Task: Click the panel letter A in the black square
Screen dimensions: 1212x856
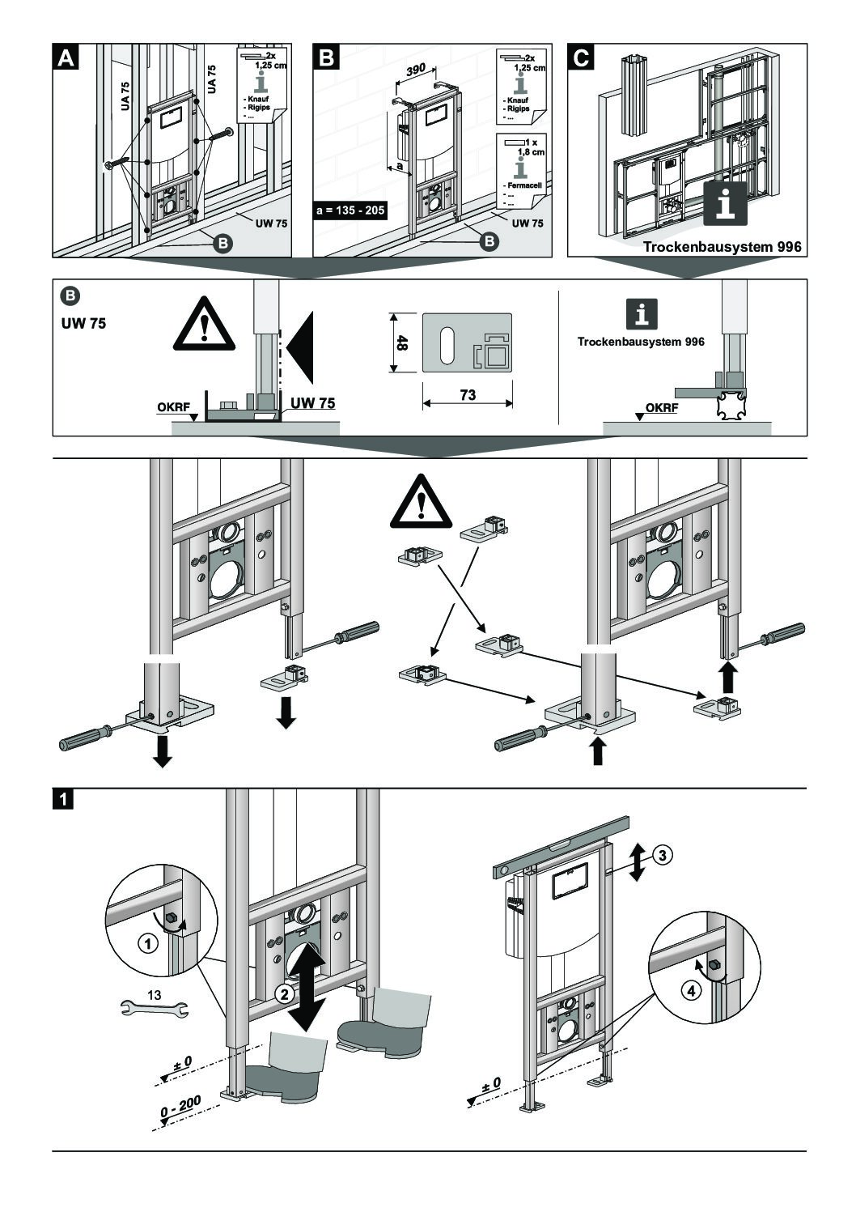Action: [x=66, y=57]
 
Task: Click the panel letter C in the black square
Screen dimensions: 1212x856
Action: [x=581, y=57]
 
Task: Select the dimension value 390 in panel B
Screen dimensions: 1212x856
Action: [x=416, y=71]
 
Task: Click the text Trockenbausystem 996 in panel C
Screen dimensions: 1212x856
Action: [x=723, y=247]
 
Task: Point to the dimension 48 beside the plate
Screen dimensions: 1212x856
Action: [x=402, y=342]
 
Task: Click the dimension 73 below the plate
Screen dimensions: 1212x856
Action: [x=468, y=395]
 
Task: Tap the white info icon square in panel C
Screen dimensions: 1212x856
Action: [x=724, y=202]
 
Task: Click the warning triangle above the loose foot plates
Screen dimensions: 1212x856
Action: [x=420, y=507]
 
